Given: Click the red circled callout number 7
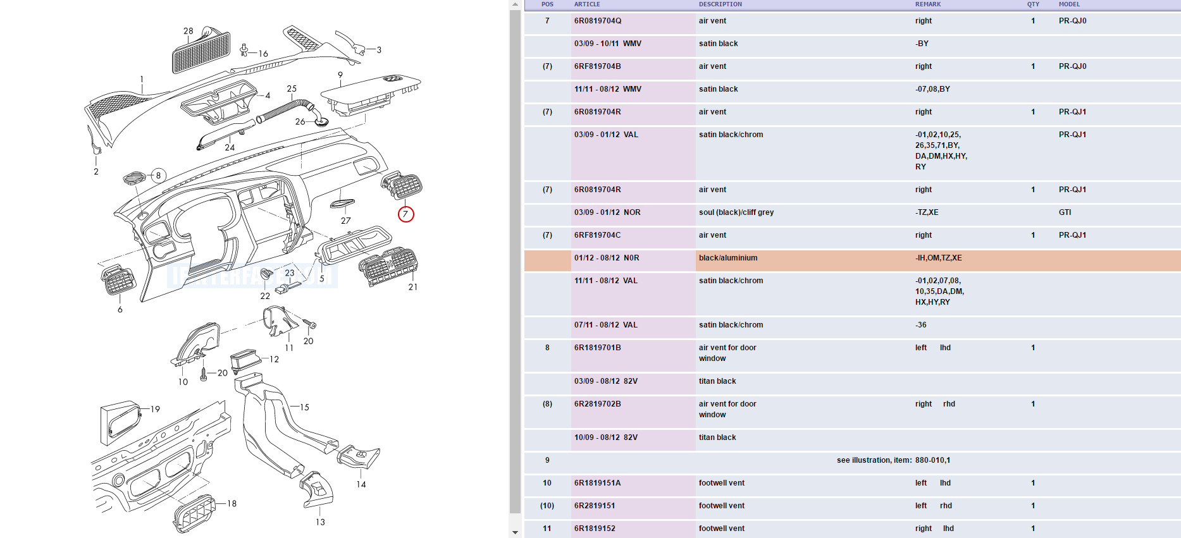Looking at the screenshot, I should (x=405, y=214).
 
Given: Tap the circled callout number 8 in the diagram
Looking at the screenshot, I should (x=158, y=176).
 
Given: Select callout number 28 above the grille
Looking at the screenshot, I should (x=189, y=31).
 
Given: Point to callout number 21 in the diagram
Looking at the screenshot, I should (x=413, y=287).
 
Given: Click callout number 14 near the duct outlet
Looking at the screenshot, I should (x=361, y=484).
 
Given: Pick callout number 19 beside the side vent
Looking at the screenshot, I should (x=155, y=409).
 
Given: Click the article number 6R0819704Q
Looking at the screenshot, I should (x=598, y=21).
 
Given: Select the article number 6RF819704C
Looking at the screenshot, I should (x=598, y=235).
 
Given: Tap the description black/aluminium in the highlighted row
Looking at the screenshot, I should (x=728, y=258).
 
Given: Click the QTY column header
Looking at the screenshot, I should (x=1033, y=4).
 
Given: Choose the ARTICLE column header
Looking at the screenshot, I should (x=587, y=4).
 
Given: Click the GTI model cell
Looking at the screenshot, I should (x=1065, y=212).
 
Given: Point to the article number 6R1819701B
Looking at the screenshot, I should (x=598, y=348).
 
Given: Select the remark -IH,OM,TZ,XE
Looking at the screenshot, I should (x=938, y=258).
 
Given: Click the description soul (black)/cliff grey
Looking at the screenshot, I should (x=736, y=212).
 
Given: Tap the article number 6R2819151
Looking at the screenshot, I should (x=595, y=506).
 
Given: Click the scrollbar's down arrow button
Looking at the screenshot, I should (x=515, y=533).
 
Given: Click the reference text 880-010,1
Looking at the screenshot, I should (x=932, y=460).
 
